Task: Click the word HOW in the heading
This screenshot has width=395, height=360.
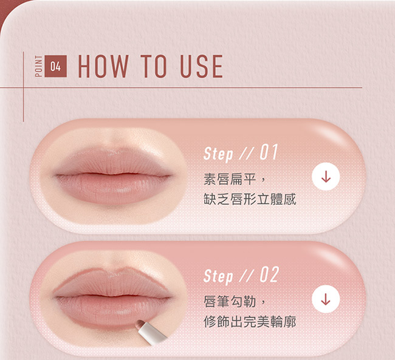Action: pos(103,66)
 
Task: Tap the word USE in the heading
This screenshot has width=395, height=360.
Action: pos(201,66)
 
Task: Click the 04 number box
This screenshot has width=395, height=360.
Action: pos(56,66)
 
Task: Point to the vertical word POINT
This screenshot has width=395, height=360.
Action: pos(38,66)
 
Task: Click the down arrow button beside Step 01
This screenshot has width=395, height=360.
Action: pos(326,177)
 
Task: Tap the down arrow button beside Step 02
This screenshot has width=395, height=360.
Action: pos(326,299)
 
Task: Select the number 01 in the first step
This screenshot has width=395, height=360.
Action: pos(269,152)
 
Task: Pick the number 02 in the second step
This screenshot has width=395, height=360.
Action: pos(269,274)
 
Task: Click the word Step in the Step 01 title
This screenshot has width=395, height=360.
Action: pos(218,154)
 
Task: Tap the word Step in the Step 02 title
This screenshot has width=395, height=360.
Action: pos(218,276)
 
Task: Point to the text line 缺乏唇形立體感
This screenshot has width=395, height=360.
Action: pos(250,199)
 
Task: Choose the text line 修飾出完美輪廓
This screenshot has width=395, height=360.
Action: pos(250,322)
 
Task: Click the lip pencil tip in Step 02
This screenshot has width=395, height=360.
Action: pos(139,324)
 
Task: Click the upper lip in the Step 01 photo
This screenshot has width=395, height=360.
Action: pos(112,161)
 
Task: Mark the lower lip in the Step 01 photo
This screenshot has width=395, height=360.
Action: pos(112,188)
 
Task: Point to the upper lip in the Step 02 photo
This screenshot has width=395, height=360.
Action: pos(112,284)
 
